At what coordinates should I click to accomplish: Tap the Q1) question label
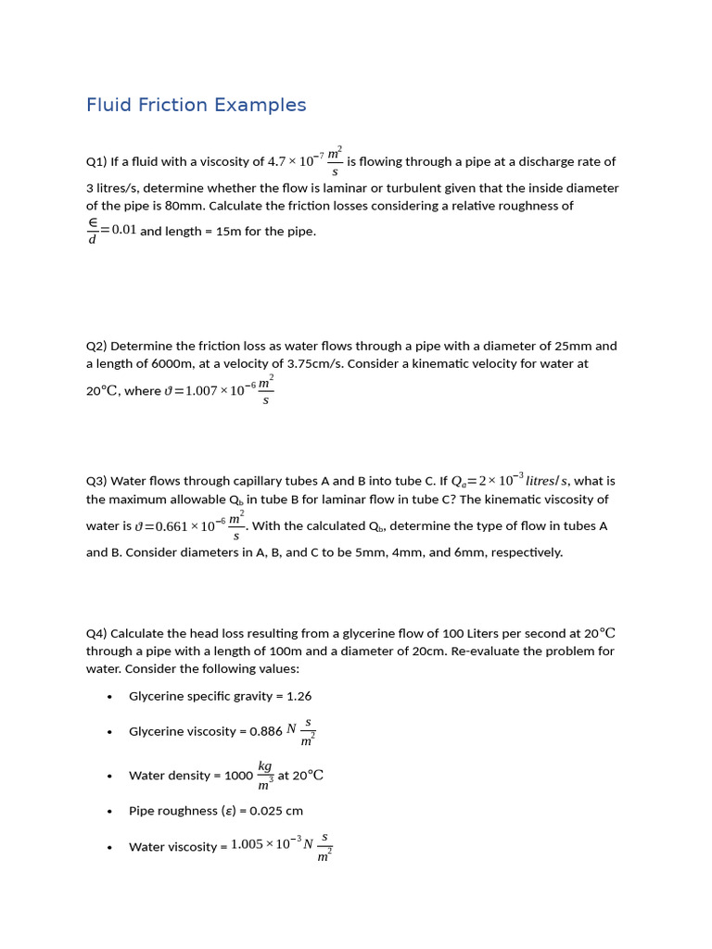96,161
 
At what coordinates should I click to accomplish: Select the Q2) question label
96,346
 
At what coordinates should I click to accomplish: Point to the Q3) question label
96,481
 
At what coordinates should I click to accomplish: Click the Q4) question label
96,634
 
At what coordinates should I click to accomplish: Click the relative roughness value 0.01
123,230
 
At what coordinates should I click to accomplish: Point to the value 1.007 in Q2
201,391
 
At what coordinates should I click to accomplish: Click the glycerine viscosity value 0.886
266,731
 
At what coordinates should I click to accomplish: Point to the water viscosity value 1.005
247,846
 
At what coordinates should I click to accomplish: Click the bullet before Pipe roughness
109,812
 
